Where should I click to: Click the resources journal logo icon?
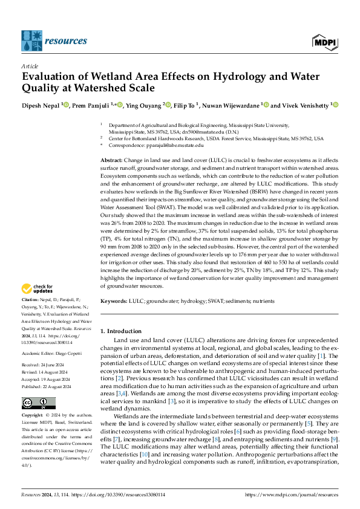[31, 40]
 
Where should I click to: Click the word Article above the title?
[30, 65]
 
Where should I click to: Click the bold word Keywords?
[115, 300]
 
